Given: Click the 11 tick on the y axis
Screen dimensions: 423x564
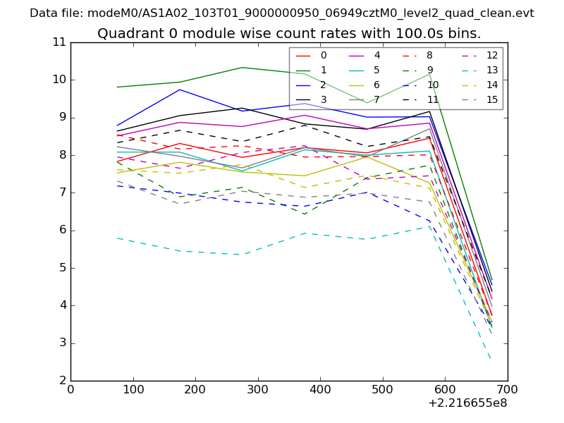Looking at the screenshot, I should (59, 42).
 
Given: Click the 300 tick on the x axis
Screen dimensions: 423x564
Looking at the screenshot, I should (258, 390).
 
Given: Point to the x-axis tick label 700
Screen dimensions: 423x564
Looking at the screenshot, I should (508, 390).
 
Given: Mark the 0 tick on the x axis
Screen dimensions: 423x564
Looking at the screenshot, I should (70, 390).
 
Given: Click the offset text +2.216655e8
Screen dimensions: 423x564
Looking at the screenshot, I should (467, 404).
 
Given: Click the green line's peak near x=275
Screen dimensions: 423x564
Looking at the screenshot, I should (242, 68).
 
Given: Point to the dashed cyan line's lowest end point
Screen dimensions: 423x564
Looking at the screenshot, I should (491, 360).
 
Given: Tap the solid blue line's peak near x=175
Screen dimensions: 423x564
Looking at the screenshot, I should (180, 90).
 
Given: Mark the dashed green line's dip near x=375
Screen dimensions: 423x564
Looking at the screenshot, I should (304, 214).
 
